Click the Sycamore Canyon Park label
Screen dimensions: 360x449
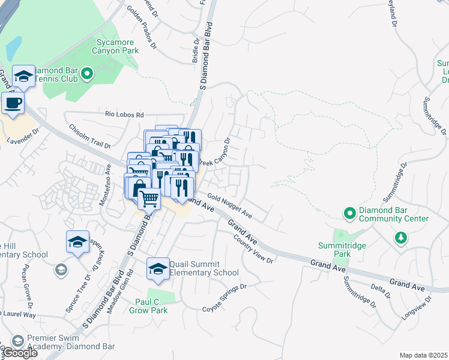point(118,47)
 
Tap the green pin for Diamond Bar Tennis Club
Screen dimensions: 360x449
point(87,74)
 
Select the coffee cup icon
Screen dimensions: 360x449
point(13,103)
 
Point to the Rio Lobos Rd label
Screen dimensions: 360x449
point(125,115)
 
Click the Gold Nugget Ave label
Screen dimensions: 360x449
point(229,206)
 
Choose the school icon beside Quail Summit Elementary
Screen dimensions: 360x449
point(157,269)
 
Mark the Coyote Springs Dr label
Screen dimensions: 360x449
point(224,297)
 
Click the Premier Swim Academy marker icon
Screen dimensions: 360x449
point(18,341)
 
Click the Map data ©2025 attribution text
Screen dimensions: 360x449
point(423,355)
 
